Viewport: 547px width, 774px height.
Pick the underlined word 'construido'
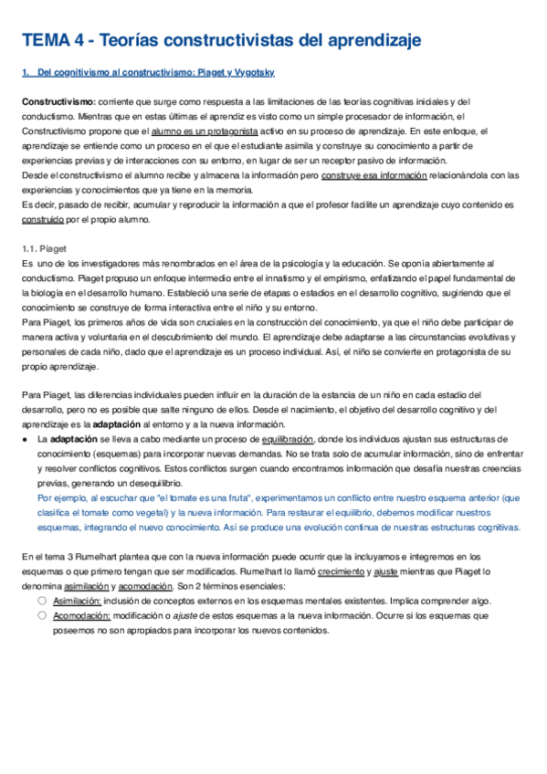pyautogui.click(x=42, y=220)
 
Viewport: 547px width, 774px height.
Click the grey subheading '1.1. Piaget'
pyautogui.click(x=44, y=249)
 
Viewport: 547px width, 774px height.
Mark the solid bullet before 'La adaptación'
pyautogui.click(x=26, y=439)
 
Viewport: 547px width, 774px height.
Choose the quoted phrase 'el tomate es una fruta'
pyautogui.click(x=207, y=498)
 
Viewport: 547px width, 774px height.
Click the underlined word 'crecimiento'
pyautogui.click(x=344, y=571)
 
